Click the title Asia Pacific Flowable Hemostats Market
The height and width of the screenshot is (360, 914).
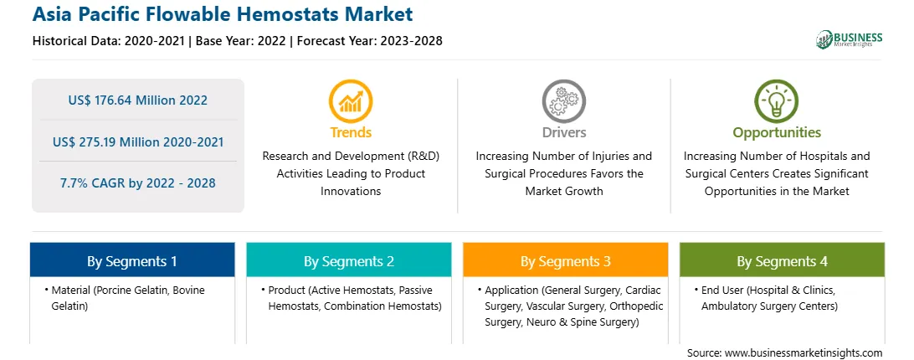click(223, 14)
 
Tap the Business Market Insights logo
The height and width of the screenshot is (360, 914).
click(850, 39)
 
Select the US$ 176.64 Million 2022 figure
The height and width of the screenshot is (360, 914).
click(137, 100)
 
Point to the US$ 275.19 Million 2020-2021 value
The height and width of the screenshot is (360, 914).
click(137, 141)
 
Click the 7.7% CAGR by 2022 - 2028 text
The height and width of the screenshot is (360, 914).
click(137, 183)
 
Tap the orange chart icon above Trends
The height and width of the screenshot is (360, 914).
click(351, 101)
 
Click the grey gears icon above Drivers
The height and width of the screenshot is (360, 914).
click(563, 101)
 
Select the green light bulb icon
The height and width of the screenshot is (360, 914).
click(777, 101)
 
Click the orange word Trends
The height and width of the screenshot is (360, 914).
click(351, 132)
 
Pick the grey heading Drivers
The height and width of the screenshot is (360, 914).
click(563, 132)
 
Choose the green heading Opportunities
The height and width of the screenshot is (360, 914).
click(777, 133)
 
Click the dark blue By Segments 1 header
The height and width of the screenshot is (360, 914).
click(131, 260)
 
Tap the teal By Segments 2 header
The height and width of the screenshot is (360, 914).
click(348, 260)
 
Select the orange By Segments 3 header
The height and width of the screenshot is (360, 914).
click(566, 260)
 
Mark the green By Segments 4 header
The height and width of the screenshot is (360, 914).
click(782, 260)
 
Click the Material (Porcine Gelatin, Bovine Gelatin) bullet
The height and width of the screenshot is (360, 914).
click(125, 298)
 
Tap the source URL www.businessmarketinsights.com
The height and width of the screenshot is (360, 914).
click(804, 352)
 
